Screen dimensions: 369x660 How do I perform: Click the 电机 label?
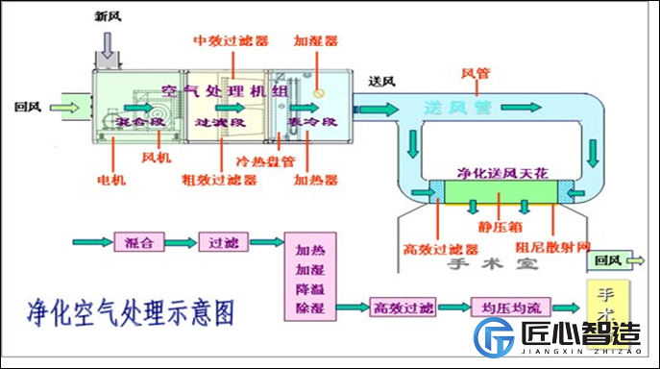113,179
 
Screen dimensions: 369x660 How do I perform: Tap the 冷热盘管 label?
265,160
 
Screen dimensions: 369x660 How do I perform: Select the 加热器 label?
314,179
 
